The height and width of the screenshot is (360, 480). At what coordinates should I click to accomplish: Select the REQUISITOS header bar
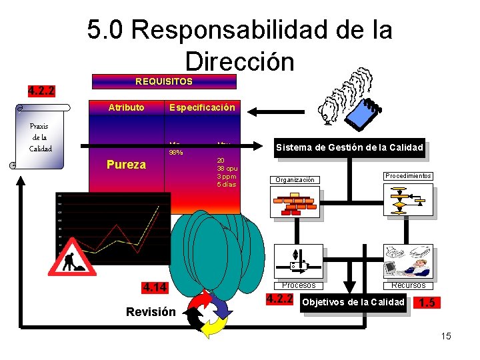pyautogui.click(x=164, y=81)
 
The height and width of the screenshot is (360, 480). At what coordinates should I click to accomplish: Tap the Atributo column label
pyautogui.click(x=126, y=107)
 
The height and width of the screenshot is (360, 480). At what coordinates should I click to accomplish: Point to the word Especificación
pyautogui.click(x=202, y=107)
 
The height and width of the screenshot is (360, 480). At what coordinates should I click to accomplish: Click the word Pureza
pyautogui.click(x=126, y=164)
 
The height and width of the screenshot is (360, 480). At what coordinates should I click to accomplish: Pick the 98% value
pyautogui.click(x=177, y=153)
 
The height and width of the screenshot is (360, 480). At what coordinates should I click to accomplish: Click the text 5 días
pyautogui.click(x=227, y=184)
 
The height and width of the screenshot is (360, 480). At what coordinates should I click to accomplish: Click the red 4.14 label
pyautogui.click(x=155, y=288)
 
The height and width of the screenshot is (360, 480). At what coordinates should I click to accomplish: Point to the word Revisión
pyautogui.click(x=151, y=311)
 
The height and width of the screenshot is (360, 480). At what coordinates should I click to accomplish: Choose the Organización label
pyautogui.click(x=295, y=179)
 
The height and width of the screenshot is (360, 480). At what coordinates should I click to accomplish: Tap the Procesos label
pyautogui.click(x=299, y=285)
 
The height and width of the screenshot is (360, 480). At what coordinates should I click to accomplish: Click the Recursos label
pyautogui.click(x=408, y=285)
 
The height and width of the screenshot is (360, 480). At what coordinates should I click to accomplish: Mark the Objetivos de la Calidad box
pyautogui.click(x=353, y=302)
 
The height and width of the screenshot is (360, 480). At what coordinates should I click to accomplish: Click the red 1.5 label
pyautogui.click(x=427, y=303)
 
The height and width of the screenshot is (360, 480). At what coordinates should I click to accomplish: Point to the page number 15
pyautogui.click(x=446, y=336)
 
